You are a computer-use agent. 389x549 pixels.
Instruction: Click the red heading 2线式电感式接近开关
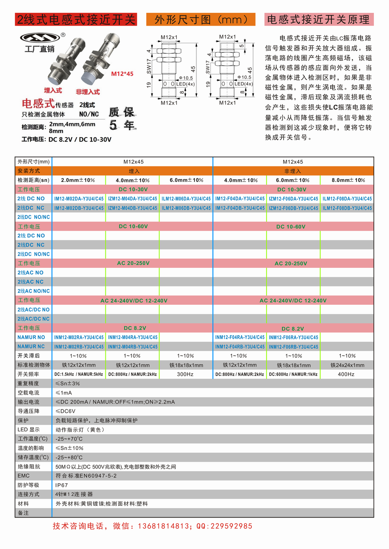tap(76, 19)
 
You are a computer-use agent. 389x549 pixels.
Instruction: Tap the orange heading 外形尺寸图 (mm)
tap(201, 19)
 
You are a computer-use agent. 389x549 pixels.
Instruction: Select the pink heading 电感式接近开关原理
tap(319, 19)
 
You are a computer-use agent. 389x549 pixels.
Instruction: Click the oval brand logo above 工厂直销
tap(40, 37)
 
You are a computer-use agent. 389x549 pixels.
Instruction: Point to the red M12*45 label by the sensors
tap(122, 74)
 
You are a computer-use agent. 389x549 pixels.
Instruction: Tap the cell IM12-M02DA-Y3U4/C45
tap(79, 199)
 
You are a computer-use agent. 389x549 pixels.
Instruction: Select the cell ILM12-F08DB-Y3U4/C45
tap(347, 208)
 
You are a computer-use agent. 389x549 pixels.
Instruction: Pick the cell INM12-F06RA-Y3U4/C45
tap(293, 337)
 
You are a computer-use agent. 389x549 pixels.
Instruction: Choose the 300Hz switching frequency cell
tap(185, 374)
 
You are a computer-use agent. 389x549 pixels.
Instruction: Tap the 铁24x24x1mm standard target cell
tap(347, 365)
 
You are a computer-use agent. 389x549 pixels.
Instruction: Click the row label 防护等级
tap(28, 485)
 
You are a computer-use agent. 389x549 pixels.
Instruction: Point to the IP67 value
tap(61, 485)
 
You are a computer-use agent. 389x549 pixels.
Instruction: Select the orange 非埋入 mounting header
tap(293, 171)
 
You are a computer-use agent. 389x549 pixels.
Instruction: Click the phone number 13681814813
tap(163, 526)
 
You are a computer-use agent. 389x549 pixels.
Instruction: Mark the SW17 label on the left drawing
tap(149, 66)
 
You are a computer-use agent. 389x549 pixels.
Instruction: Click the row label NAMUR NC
tap(31, 346)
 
